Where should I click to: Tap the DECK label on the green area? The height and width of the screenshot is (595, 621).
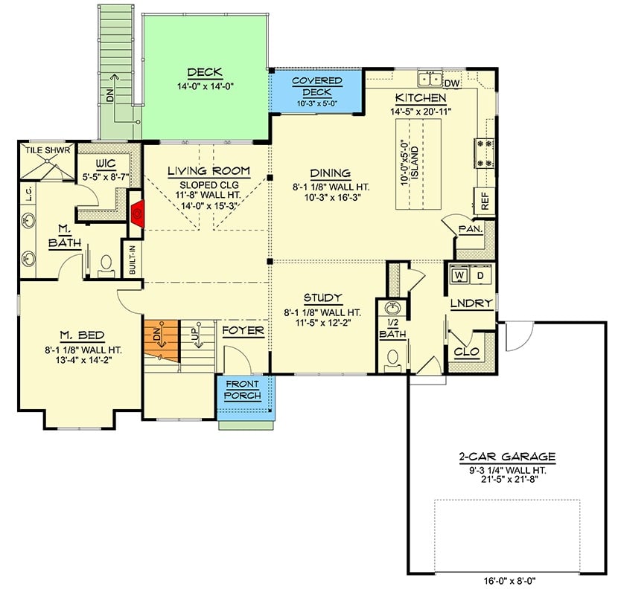(x=200, y=73)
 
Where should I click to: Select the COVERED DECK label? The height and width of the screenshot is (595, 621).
(x=316, y=86)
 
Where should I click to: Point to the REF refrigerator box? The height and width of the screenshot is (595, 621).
(x=484, y=199)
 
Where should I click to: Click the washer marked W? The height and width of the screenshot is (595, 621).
(x=459, y=274)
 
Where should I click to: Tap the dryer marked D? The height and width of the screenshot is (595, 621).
(x=480, y=274)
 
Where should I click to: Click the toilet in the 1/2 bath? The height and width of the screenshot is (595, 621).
(x=392, y=358)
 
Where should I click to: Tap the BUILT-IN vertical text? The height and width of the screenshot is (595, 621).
(x=133, y=260)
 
